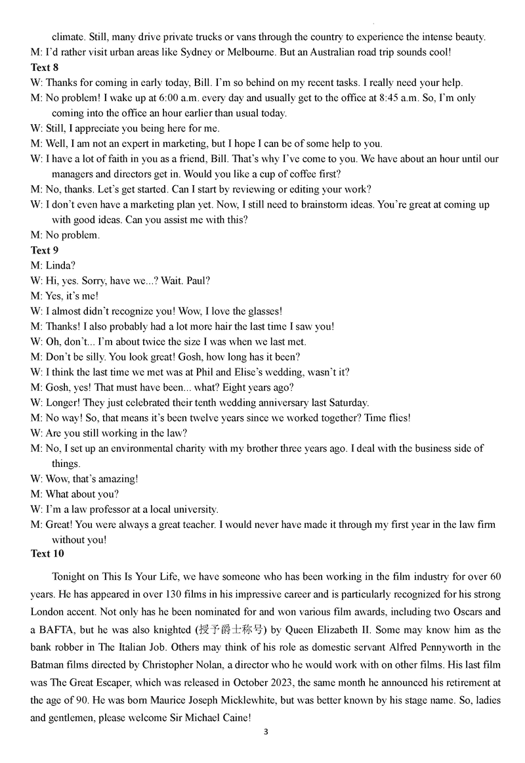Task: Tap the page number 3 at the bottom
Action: coord(265,731)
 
